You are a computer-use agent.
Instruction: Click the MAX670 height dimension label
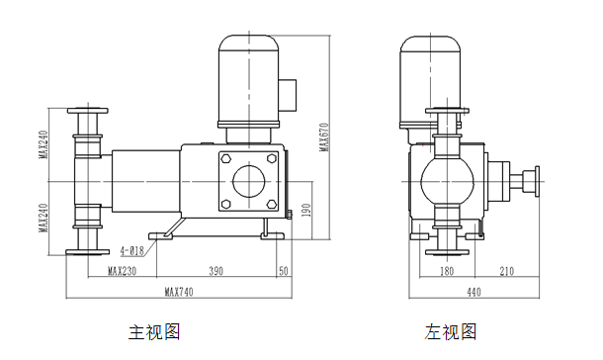coord(325,136)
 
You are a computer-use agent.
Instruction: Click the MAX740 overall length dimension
coord(179,292)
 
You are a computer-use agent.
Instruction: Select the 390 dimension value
coord(216,271)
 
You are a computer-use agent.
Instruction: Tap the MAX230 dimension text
coord(122,271)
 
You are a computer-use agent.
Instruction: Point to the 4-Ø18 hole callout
coord(131,251)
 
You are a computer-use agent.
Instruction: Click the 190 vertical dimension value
coord(306,210)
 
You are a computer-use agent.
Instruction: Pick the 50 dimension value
coord(284,271)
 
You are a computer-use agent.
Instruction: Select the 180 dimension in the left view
coord(447,271)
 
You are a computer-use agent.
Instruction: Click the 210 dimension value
coord(506,271)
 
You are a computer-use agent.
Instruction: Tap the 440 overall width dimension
coord(474,292)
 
